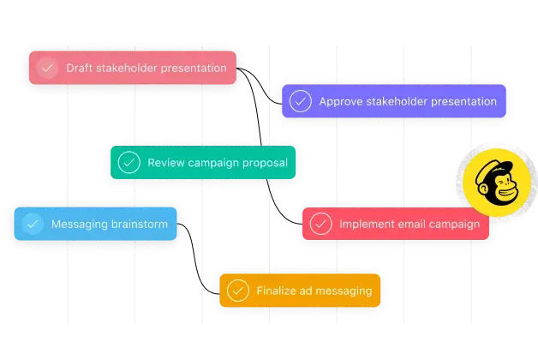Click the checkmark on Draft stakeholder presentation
[x=48, y=69]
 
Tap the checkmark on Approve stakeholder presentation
[x=300, y=101]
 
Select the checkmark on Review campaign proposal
[x=129, y=162]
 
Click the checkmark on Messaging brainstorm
[x=33, y=224]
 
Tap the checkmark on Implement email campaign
[x=320, y=224]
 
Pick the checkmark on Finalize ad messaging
[x=237, y=291]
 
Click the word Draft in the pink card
[x=80, y=69]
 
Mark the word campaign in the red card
[x=457, y=224]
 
